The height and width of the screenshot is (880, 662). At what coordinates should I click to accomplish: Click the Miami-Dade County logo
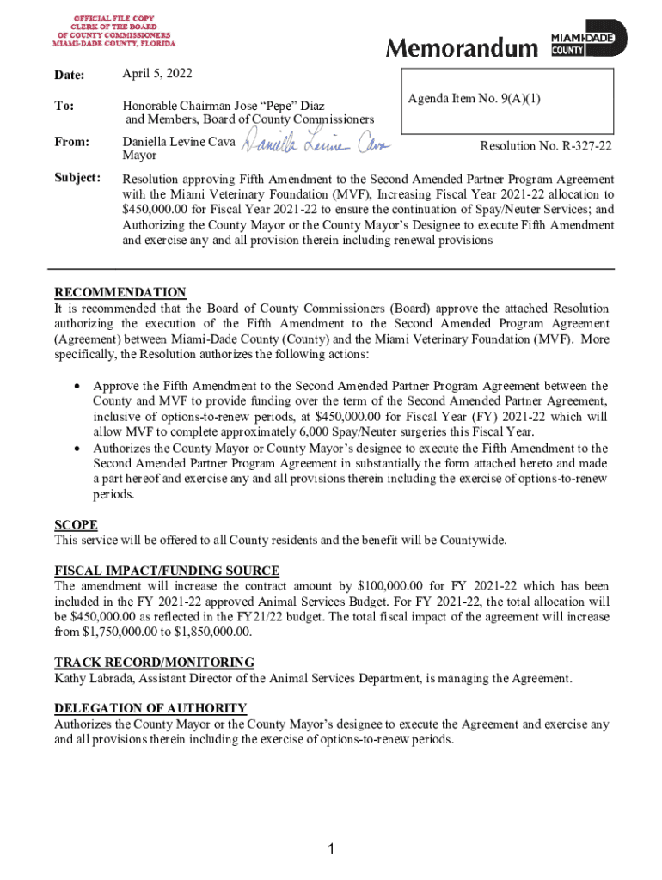tap(589, 40)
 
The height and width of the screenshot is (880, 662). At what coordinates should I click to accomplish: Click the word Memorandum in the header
tap(460, 49)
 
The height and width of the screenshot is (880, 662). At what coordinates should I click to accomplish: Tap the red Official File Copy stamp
tap(113, 30)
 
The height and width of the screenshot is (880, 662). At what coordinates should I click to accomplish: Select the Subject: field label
tap(77, 178)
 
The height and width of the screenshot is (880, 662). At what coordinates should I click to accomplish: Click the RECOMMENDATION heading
tap(120, 293)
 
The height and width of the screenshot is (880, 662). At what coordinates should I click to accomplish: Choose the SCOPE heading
tap(76, 525)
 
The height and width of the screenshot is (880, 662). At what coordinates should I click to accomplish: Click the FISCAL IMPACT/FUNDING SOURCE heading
tap(167, 571)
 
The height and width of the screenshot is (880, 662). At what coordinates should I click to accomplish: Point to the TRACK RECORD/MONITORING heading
tap(154, 663)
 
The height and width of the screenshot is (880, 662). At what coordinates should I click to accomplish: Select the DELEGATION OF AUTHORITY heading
tap(150, 708)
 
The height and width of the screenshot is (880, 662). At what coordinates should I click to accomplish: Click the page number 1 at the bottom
tap(331, 850)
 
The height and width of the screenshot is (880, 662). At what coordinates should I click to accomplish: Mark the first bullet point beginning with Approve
tap(77, 386)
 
